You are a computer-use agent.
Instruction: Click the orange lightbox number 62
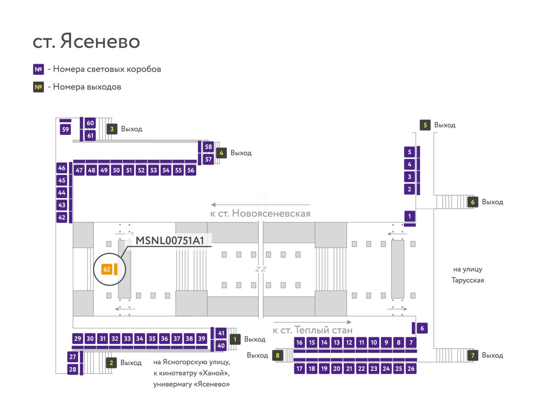pyautogui.click(x=106, y=269)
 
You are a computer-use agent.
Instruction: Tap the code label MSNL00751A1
pyautogui.click(x=170, y=240)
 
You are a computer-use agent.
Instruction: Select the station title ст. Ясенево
pyautogui.click(x=87, y=41)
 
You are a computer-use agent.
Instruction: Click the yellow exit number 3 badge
pyautogui.click(x=112, y=129)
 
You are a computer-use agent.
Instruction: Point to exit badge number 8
pyautogui.click(x=278, y=355)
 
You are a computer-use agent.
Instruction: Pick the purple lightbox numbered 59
pyautogui.click(x=65, y=129)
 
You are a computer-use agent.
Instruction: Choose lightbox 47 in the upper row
pyautogui.click(x=79, y=170)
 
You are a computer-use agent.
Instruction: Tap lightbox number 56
pyautogui.click(x=191, y=170)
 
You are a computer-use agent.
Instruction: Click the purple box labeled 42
pyautogui.click(x=62, y=217)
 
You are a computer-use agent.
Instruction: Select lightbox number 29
pyautogui.click(x=77, y=338)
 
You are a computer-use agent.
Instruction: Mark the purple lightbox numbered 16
pyautogui.click(x=299, y=342)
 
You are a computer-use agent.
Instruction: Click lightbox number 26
pyautogui.click(x=411, y=369)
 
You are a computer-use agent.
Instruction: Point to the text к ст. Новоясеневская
pyautogui.click(x=260, y=214)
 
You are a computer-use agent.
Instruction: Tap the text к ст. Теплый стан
pyautogui.click(x=313, y=330)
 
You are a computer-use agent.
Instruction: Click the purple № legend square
pyautogui.click(x=38, y=69)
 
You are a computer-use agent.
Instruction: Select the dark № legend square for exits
pyautogui.click(x=38, y=87)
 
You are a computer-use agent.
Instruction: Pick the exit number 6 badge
pyautogui.click(x=473, y=202)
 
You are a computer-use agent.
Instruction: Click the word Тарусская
pyautogui.click(x=468, y=280)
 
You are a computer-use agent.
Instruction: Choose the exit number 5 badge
pyautogui.click(x=425, y=125)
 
